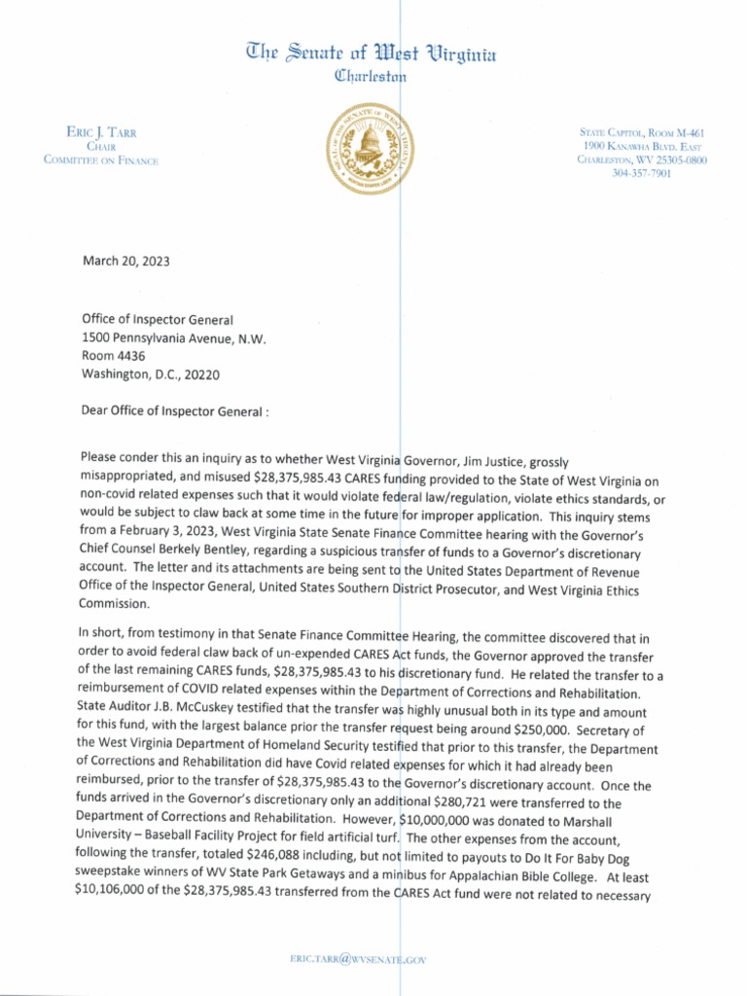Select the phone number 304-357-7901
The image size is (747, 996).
(x=642, y=173)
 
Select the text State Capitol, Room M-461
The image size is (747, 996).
(x=641, y=132)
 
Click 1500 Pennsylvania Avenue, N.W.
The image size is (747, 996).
(x=173, y=338)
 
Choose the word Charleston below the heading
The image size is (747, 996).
(x=370, y=76)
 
